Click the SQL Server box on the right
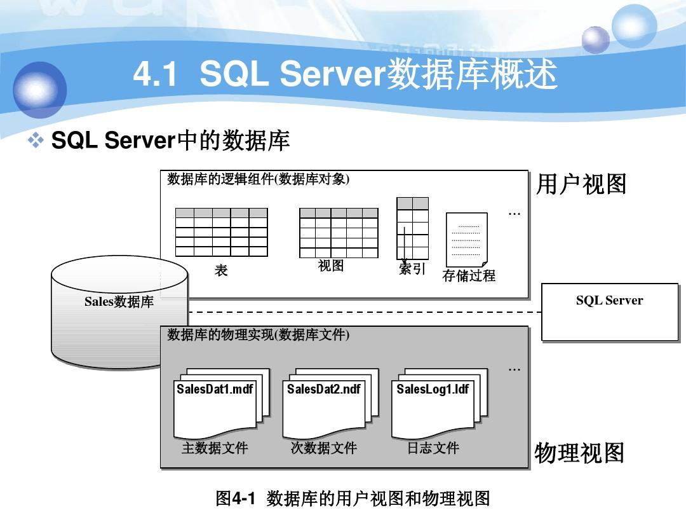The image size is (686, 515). pos(609,312)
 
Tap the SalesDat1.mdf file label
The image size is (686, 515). pos(215,388)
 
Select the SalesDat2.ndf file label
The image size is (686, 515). pos(324,388)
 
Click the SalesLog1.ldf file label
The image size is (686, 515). pos(433,388)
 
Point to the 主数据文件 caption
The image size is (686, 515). pos(215,448)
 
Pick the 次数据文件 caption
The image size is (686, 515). pos(324,448)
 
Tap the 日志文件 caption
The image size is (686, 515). pos(433,448)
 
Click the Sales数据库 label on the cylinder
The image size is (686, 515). pos(119,302)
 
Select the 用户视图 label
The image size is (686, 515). pos(581,184)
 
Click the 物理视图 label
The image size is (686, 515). pos(579,453)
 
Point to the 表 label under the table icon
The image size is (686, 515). pos(221,271)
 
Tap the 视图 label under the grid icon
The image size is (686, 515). pos(331,266)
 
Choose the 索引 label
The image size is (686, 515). pos(412,269)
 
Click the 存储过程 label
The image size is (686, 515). pos(469,275)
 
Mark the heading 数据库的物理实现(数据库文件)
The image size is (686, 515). pos(259,335)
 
